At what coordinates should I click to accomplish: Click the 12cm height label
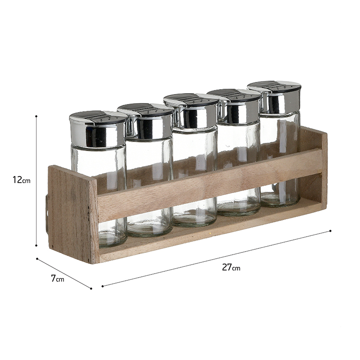point(21,180)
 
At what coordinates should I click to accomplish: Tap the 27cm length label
point(231,267)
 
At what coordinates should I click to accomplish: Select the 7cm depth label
point(58,279)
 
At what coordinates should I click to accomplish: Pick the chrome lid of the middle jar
point(191,110)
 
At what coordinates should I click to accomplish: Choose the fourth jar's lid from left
point(234,106)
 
